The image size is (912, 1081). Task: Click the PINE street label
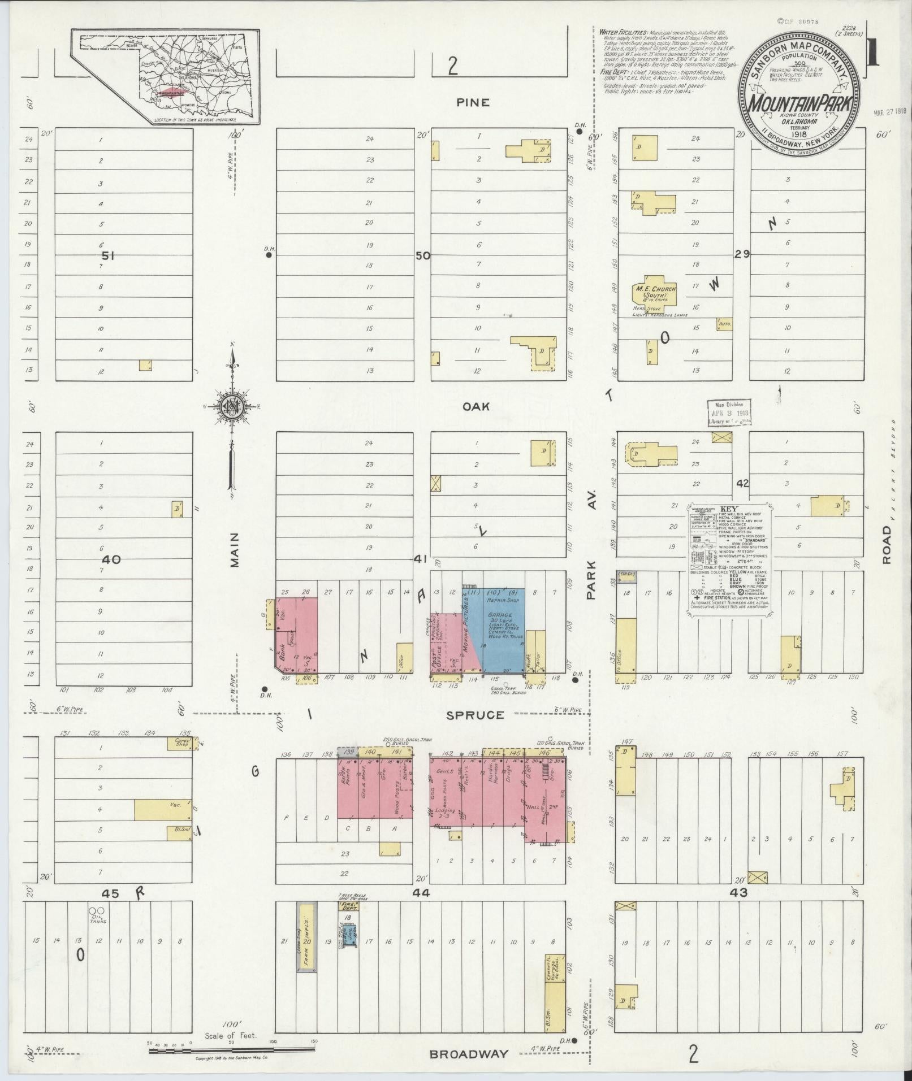click(474, 103)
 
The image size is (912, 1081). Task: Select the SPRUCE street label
click(474, 715)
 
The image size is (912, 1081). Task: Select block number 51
click(108, 256)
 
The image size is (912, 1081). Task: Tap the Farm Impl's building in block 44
click(307, 944)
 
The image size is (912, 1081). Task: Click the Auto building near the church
click(724, 324)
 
